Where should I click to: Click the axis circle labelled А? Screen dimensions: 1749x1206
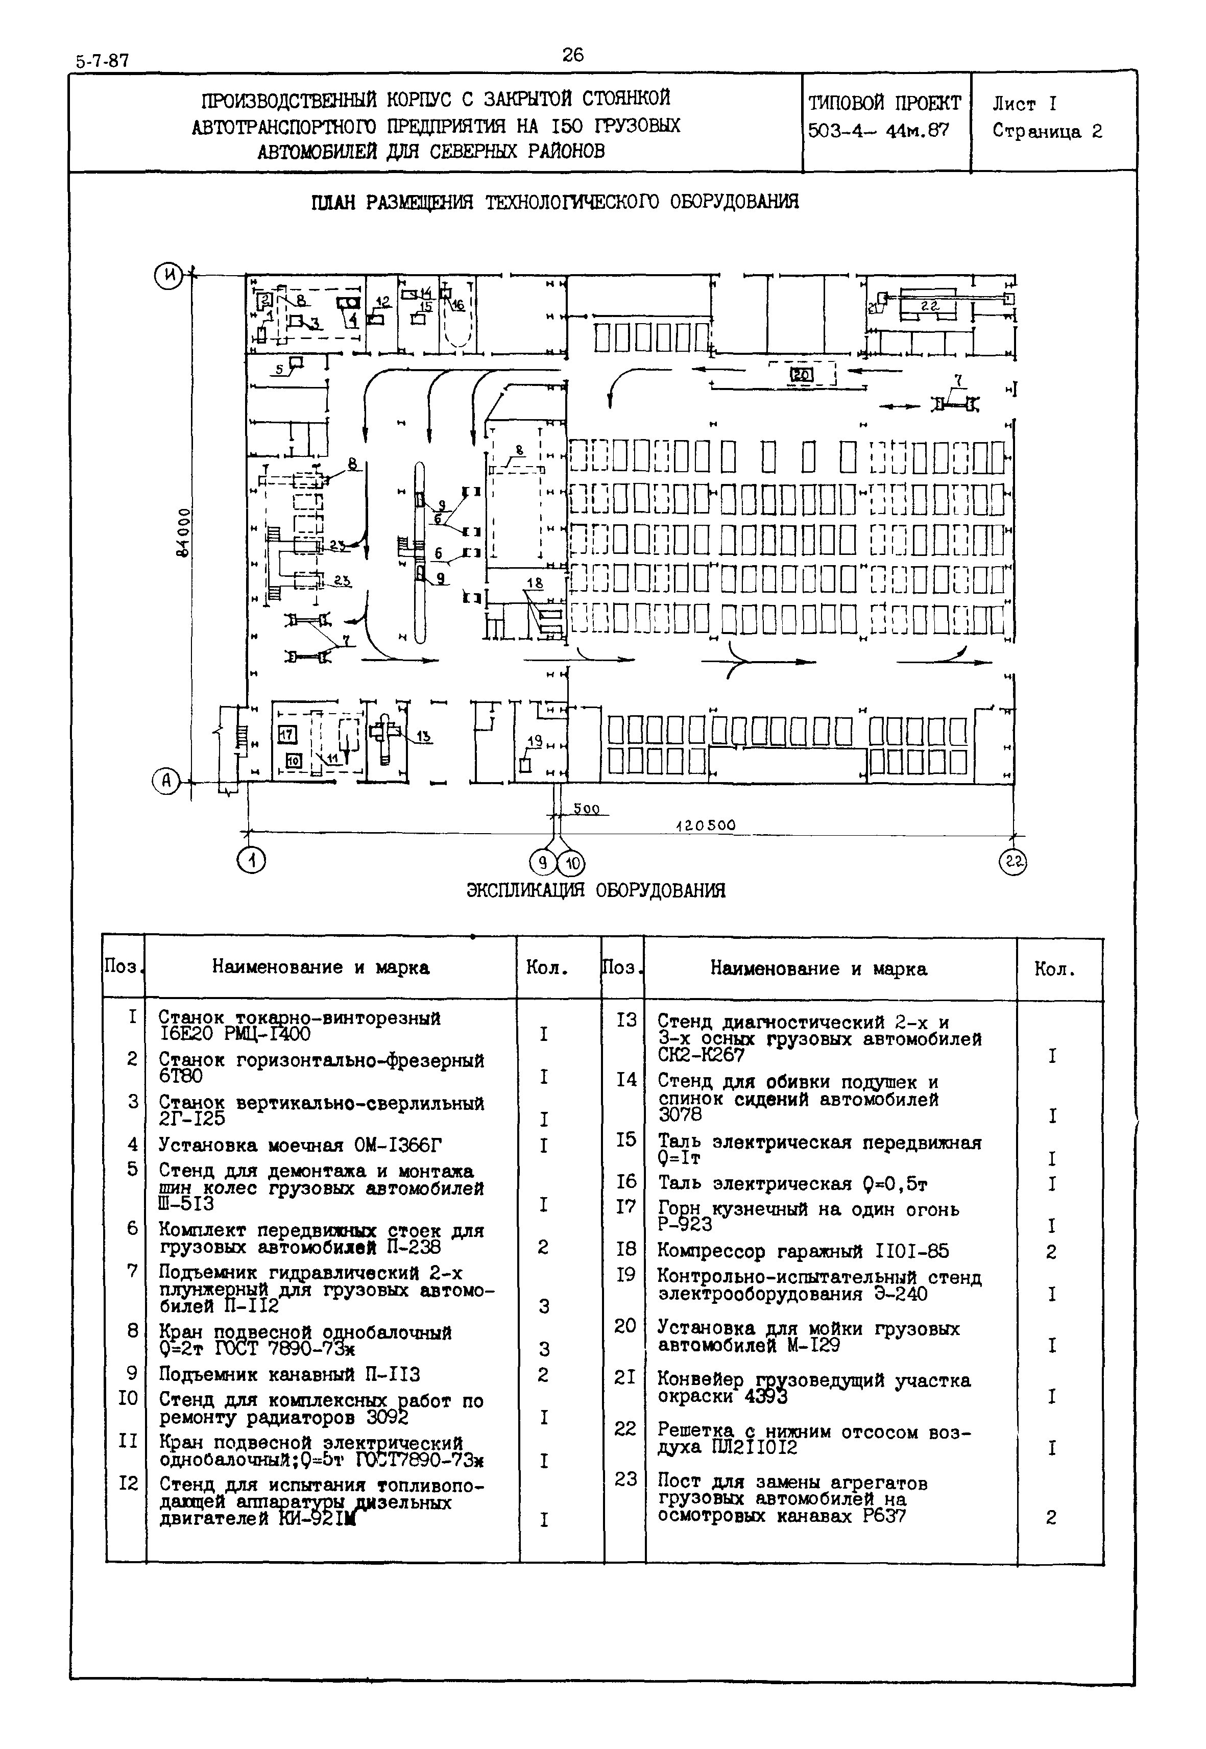[x=166, y=781]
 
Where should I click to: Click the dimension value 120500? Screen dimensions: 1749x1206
[x=705, y=826]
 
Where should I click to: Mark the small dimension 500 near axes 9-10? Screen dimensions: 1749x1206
[x=586, y=809]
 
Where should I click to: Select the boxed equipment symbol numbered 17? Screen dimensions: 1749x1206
[x=286, y=734]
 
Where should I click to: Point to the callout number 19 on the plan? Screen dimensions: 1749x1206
[x=534, y=741]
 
